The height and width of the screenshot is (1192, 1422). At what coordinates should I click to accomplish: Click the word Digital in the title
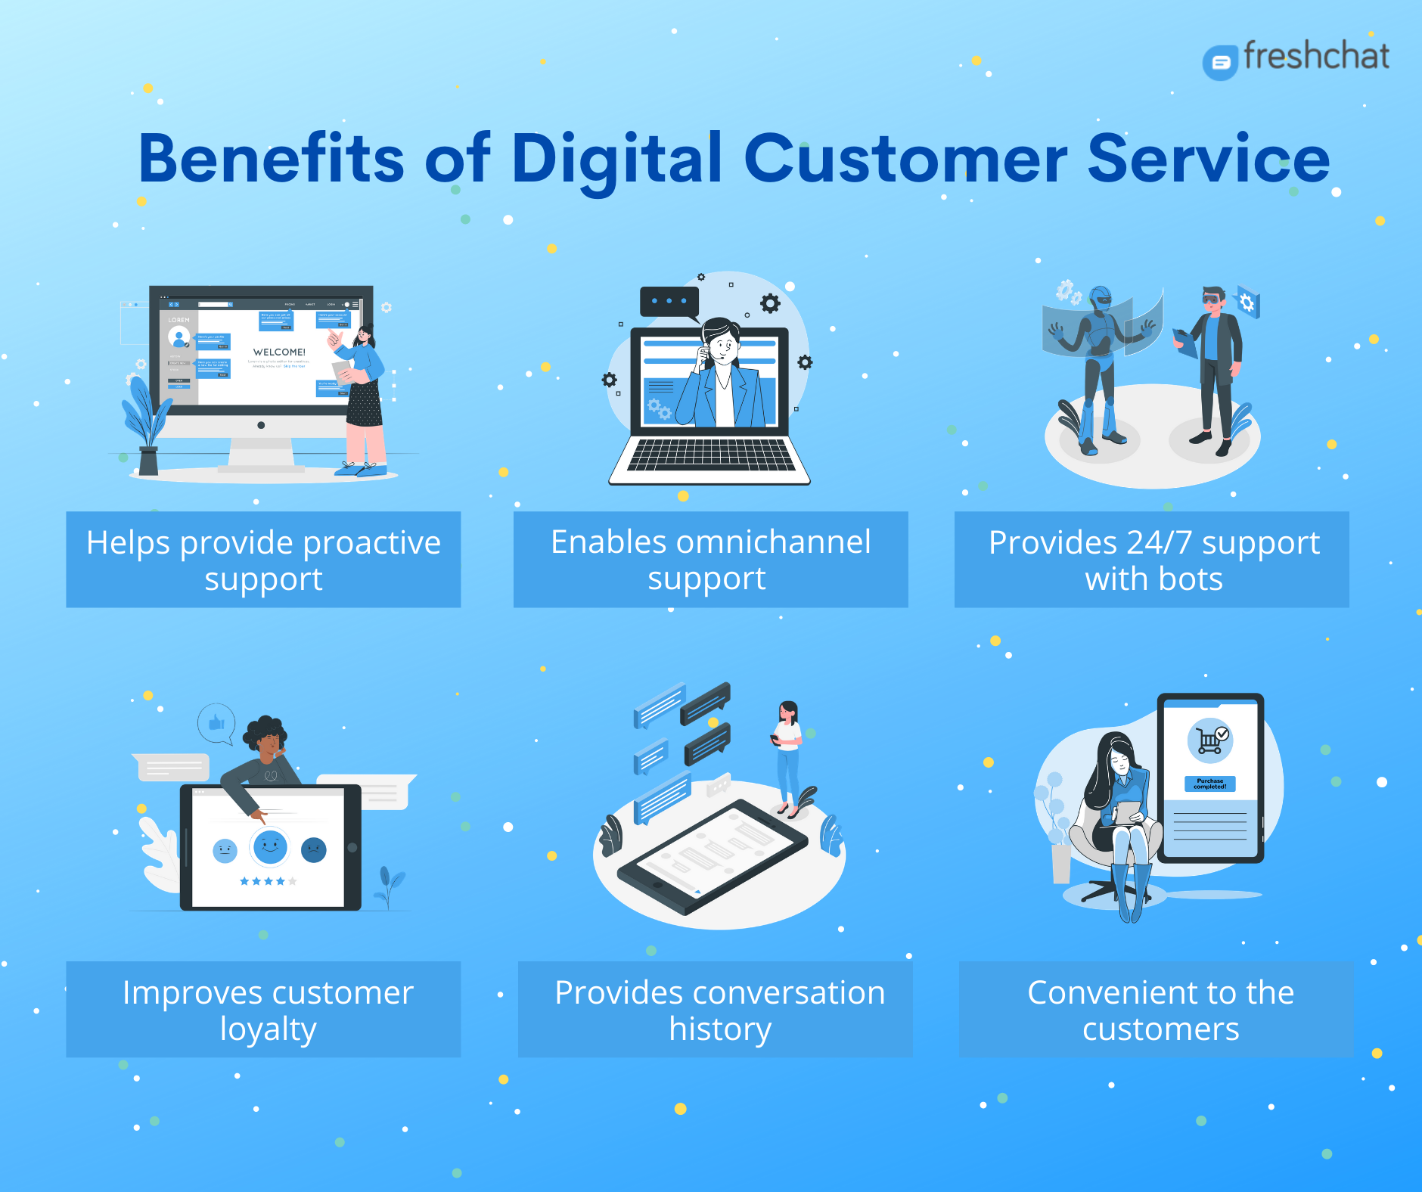[x=616, y=160]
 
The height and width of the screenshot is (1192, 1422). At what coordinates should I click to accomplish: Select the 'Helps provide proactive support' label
[x=263, y=560]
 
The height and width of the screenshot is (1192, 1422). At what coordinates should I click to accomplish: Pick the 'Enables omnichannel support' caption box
[x=710, y=560]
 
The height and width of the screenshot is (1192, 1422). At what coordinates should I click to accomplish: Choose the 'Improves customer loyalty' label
[x=263, y=1009]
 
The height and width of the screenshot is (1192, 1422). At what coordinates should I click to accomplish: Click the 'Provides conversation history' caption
[x=715, y=1009]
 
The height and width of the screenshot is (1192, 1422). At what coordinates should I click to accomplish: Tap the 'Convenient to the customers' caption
[x=1155, y=1009]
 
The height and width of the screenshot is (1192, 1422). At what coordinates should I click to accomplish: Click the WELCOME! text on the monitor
[x=279, y=352]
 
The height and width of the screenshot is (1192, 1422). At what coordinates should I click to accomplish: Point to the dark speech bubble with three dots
[x=669, y=302]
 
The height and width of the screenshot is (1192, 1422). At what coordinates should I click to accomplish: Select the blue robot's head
[x=1101, y=299]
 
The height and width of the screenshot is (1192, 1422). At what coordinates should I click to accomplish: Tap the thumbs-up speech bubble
[x=216, y=723]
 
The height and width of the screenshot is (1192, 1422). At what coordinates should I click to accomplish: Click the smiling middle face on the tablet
[x=269, y=846]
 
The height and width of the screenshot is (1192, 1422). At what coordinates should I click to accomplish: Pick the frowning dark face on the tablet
[x=313, y=850]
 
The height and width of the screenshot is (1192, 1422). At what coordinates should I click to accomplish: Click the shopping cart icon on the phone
[x=1210, y=740]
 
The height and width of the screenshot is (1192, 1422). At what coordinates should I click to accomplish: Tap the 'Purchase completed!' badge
[x=1209, y=784]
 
